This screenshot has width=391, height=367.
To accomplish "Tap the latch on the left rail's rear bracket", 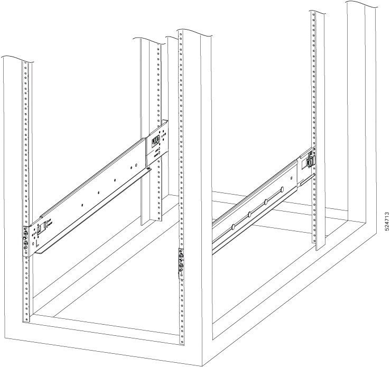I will (155, 141).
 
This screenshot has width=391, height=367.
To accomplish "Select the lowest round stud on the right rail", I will (231, 227).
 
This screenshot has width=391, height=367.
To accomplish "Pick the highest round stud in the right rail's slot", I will (283, 189).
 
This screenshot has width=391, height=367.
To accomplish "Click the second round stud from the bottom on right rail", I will (248, 214).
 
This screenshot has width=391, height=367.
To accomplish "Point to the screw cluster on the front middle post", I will (181, 262).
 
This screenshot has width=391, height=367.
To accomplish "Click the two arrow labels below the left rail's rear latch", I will (159, 153).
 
